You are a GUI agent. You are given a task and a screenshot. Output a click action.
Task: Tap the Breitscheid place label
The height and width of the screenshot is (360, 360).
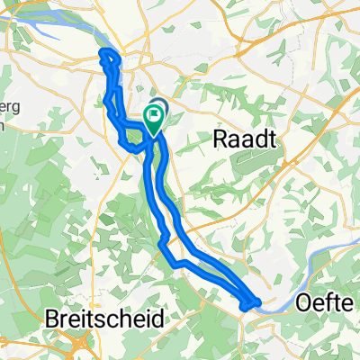click(105, 319)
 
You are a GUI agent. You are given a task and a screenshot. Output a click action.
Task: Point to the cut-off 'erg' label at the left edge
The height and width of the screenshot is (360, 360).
click(9, 107)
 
